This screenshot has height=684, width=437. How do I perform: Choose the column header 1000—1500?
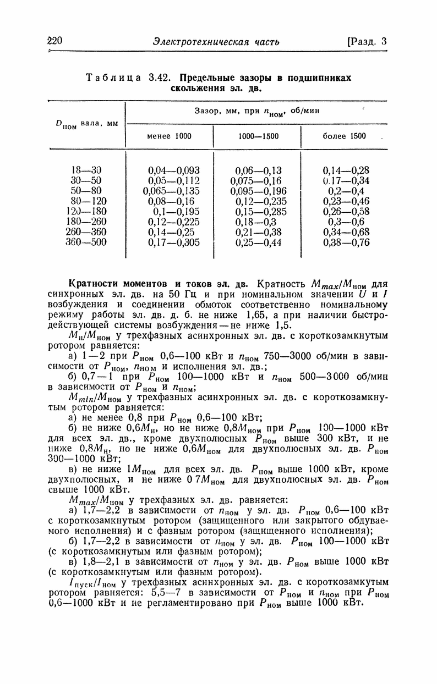coord(258,136)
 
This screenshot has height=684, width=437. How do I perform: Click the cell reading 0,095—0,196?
coord(259,190)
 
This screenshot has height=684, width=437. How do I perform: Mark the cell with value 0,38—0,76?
coord(346,242)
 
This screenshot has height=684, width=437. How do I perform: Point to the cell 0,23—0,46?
coord(346,201)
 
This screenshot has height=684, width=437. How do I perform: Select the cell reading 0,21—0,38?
coord(258,231)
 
